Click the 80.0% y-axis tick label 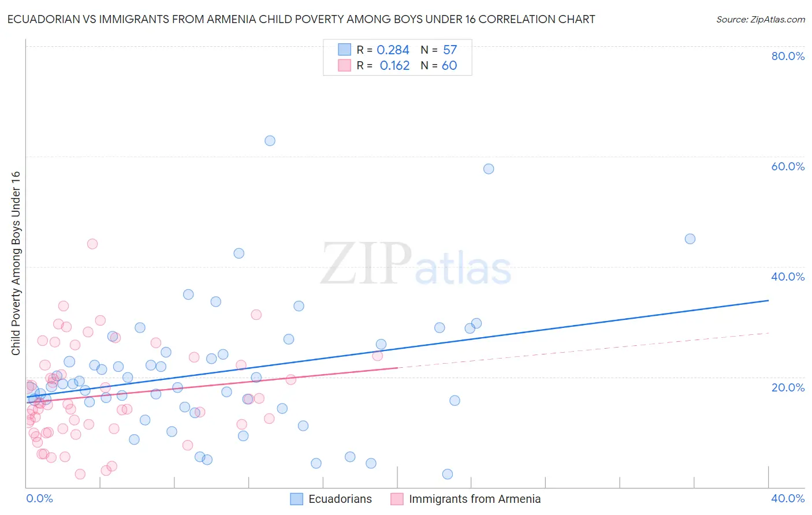click(x=788, y=56)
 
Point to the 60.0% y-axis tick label click(x=788, y=166)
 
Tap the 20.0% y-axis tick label click(x=788, y=387)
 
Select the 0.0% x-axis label click(x=39, y=499)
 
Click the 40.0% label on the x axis click(x=788, y=499)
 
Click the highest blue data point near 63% click(x=270, y=141)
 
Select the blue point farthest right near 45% click(x=690, y=239)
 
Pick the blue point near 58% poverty click(x=489, y=169)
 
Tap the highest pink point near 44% click(x=92, y=244)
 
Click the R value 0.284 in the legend click(x=393, y=50)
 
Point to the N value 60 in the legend click(x=449, y=66)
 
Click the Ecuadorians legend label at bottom click(x=340, y=499)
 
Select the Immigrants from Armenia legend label click(x=475, y=499)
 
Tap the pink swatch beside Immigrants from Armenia click(x=397, y=499)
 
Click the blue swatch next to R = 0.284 click(x=344, y=50)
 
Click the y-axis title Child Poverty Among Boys click(x=16, y=263)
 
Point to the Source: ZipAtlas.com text click(x=760, y=20)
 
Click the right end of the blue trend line click(x=768, y=300)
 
